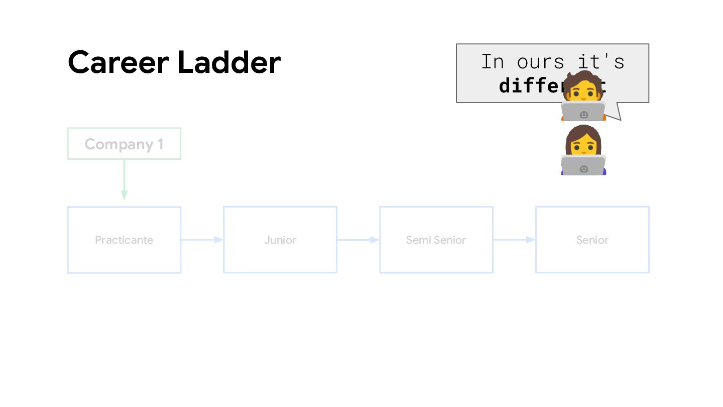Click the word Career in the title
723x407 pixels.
pos(118,62)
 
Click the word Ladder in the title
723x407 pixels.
pos(229,62)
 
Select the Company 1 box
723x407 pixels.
pos(124,144)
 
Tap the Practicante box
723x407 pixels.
pos(124,240)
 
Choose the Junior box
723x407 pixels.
pos(280,240)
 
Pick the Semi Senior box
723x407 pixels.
pos(436,240)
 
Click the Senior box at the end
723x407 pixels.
pos(592,240)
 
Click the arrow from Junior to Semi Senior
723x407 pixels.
pos(358,240)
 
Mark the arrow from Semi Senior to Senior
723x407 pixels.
pos(514,240)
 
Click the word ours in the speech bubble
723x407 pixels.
pos(541,62)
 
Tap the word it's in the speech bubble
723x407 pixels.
pos(600,62)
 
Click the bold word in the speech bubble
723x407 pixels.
pos(527,86)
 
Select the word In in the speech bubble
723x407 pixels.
pos(492,62)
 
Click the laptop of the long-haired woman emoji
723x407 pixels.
pos(583,165)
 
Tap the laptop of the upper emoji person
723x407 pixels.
pos(583,112)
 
